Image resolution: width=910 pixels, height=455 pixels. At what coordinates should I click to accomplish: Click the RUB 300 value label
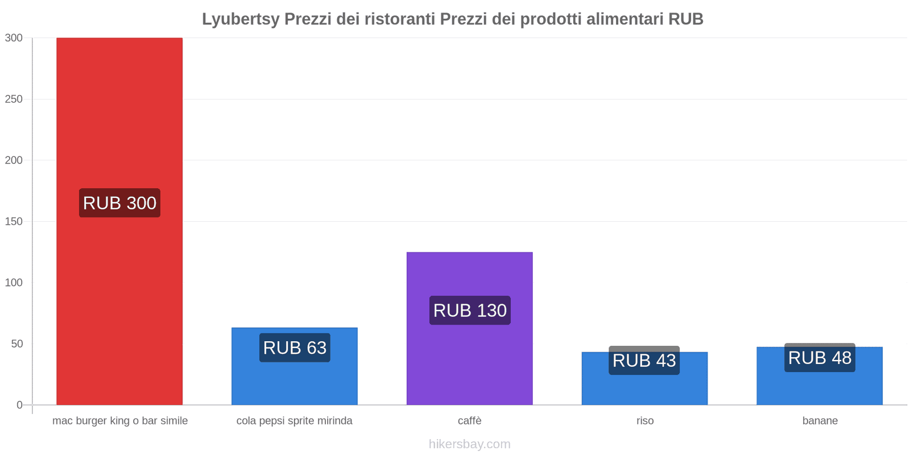(119, 203)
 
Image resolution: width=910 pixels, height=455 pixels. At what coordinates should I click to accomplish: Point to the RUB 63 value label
(295, 348)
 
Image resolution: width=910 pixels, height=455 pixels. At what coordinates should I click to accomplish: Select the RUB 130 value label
(470, 311)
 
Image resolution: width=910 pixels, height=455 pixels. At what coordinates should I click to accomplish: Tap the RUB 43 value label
(644, 361)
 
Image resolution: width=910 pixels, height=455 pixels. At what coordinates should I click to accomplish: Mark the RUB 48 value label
(820, 358)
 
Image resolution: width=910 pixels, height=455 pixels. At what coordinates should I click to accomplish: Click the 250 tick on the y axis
(14, 99)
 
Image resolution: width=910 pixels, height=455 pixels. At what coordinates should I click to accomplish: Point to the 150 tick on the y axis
(14, 221)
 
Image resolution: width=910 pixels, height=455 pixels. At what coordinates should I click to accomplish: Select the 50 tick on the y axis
(16, 344)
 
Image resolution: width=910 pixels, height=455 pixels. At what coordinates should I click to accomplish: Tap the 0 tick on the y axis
(19, 405)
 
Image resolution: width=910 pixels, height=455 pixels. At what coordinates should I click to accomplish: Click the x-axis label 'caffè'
(470, 421)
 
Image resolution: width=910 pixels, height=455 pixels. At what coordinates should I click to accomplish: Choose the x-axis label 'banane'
(820, 421)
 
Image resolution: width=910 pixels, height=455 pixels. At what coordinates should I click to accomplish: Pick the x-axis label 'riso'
(645, 421)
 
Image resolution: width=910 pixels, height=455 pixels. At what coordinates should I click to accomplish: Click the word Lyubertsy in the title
(241, 19)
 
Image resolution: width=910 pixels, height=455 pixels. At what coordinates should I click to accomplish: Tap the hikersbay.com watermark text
(470, 444)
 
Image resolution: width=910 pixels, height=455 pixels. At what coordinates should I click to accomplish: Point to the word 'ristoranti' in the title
(400, 19)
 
